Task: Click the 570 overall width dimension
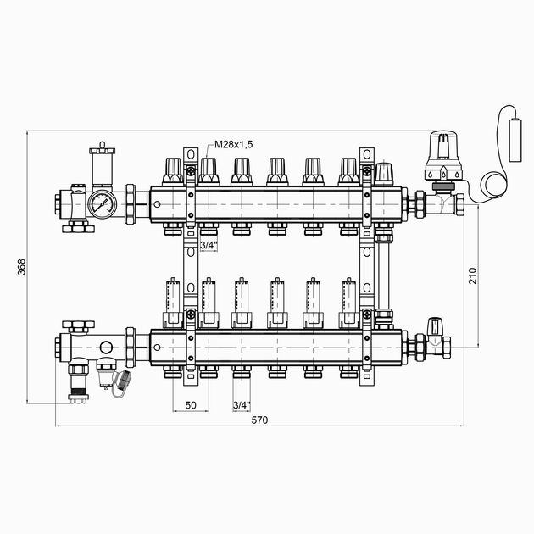[x=259, y=420]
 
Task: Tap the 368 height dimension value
[x=21, y=267]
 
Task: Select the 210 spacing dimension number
[x=473, y=275]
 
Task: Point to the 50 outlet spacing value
[x=191, y=405]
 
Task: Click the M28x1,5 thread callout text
[x=234, y=144]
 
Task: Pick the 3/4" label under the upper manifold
[x=209, y=245]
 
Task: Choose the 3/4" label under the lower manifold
[x=242, y=405]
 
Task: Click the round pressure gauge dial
[x=103, y=204]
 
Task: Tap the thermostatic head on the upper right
[x=443, y=156]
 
